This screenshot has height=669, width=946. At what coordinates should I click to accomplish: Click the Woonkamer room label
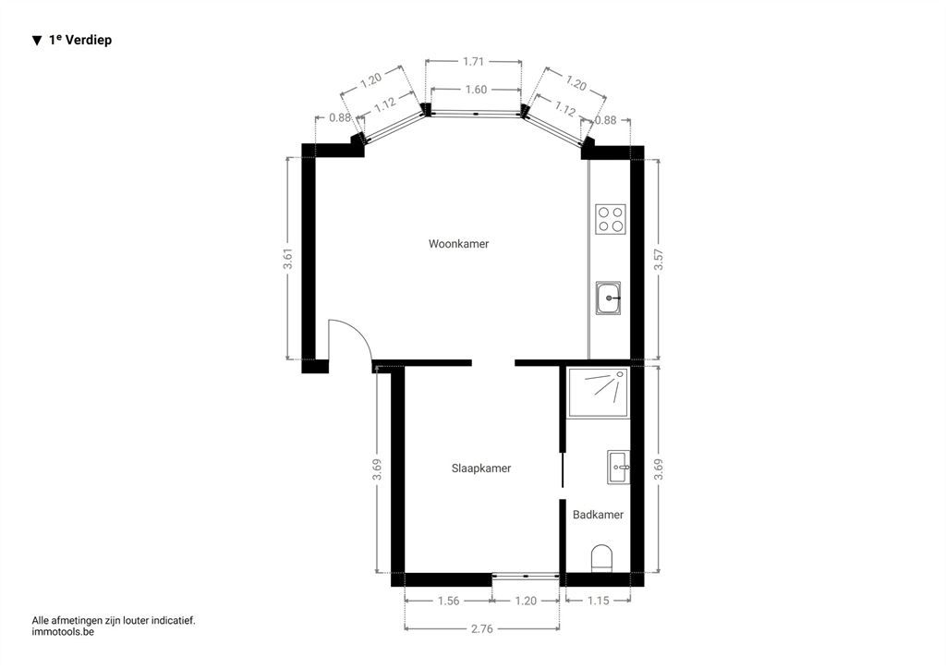[x=458, y=244]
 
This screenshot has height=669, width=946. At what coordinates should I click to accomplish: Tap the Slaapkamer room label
[x=480, y=468]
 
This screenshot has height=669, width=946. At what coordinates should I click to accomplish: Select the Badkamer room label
[x=598, y=515]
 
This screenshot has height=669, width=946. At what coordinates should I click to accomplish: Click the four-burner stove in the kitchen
[x=611, y=219]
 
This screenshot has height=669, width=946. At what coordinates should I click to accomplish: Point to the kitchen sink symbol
[x=609, y=298]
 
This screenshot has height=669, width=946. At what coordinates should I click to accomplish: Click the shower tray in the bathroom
[x=598, y=393]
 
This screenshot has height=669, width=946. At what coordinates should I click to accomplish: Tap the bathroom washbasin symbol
[x=618, y=467]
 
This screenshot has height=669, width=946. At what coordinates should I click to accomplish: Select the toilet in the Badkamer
[x=601, y=558]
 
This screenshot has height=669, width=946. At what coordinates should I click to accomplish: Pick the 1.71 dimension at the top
[x=474, y=61]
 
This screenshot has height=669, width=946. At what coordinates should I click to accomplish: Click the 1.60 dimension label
[x=476, y=90]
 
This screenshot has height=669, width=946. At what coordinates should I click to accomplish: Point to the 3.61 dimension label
[x=288, y=258]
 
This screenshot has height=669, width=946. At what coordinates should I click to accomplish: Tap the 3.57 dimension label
[x=659, y=260]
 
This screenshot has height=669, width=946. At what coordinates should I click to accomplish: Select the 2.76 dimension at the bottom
[x=481, y=628]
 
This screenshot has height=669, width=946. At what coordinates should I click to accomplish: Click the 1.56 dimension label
[x=448, y=601]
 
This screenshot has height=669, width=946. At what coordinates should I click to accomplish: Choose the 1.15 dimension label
[x=598, y=601]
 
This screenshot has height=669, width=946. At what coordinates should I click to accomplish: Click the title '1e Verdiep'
[x=80, y=40]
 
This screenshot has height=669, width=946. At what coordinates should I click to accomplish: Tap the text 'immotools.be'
[x=63, y=632]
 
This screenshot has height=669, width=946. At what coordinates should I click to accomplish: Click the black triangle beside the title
[x=37, y=41]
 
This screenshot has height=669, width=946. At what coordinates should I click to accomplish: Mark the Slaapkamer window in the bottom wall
[x=526, y=576]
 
